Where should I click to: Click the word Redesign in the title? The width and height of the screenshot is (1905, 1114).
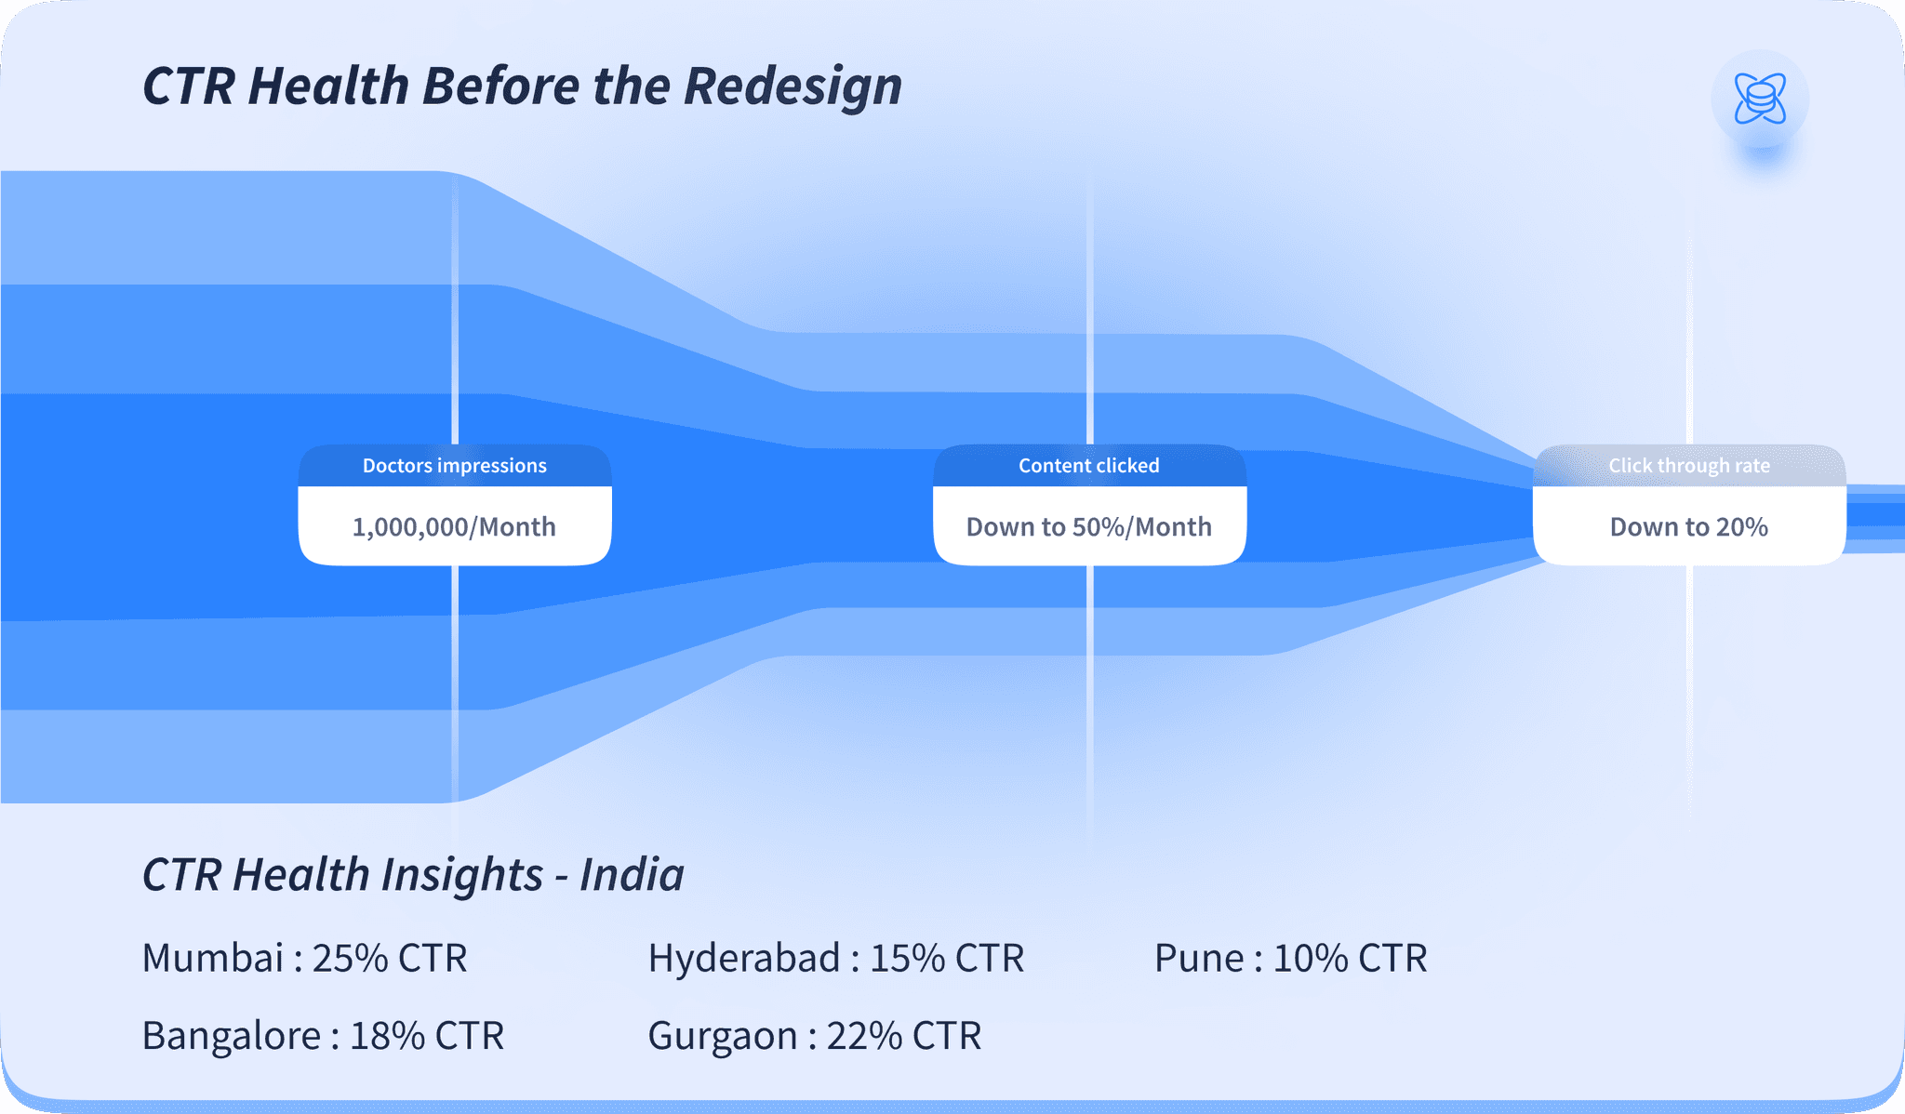pos(793,86)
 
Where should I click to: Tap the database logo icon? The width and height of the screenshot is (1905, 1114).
pos(1760,99)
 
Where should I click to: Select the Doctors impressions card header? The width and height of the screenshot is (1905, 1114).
pos(454,466)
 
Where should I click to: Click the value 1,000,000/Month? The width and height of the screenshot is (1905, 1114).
pos(454,527)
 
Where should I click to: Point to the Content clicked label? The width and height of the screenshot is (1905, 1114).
pos(1088,466)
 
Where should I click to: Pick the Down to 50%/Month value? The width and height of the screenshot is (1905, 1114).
pos(1088,527)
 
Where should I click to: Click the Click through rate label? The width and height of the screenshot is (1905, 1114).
pos(1689,466)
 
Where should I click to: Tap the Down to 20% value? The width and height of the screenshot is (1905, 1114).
pos(1689,527)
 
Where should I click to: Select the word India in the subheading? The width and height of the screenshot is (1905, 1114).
pos(632,875)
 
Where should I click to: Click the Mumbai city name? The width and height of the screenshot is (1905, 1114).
pos(212,958)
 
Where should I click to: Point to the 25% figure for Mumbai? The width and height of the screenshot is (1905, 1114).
pos(350,958)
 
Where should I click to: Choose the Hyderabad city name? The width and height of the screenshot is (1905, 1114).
pos(744,958)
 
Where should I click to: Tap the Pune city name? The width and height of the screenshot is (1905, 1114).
pos(1198,958)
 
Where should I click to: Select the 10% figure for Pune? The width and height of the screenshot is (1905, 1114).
pos(1310,958)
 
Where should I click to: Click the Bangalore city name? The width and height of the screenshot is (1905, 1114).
pos(232,1036)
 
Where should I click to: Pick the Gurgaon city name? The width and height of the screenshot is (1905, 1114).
pos(722,1036)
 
